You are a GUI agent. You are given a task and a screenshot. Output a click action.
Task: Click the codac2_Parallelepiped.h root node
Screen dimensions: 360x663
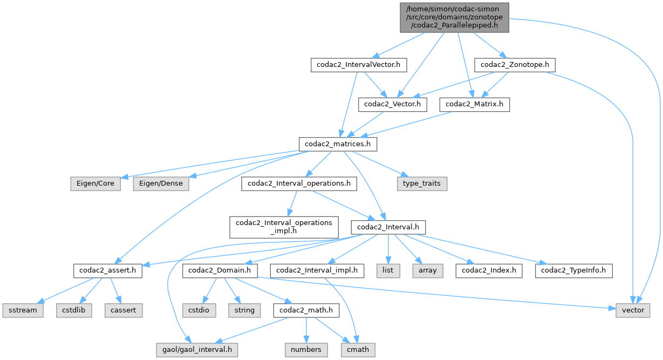pos(454,17)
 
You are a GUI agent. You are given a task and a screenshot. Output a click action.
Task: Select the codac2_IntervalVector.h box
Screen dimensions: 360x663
pos(359,65)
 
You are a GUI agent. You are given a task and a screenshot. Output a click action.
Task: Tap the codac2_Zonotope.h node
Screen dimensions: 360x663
pos(515,65)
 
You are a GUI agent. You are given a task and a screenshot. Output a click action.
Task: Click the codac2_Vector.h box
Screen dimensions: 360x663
pos(392,104)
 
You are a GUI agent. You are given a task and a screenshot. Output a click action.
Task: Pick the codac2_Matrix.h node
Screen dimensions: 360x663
pos(474,104)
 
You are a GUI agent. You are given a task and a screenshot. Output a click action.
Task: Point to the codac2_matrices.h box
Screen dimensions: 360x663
pos(338,144)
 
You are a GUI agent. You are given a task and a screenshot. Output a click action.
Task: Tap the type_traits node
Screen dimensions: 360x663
pos(422,184)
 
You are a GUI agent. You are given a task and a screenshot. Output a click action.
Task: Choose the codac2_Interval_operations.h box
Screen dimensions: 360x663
pos(299,184)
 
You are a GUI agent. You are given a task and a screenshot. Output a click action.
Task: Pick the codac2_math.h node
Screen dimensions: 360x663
pos(306,310)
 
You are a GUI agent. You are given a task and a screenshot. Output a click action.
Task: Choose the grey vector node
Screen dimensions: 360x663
pos(633,310)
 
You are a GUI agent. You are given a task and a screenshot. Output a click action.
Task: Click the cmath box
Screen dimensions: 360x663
pos(358,349)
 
